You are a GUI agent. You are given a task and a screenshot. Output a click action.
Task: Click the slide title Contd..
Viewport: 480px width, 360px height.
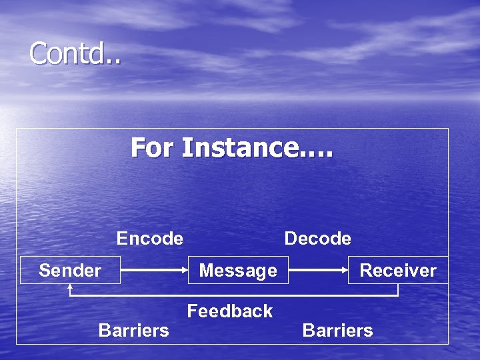[75, 54]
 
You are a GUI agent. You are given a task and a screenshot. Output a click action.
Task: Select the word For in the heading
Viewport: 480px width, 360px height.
[153, 147]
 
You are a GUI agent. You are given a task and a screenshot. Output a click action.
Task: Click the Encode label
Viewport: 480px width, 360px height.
[150, 238]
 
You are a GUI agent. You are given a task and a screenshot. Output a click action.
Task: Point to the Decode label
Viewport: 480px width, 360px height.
[317, 238]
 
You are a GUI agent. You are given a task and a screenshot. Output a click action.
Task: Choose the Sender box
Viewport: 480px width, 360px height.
[70, 270]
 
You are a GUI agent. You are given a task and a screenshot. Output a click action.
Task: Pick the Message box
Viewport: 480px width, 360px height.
[238, 270]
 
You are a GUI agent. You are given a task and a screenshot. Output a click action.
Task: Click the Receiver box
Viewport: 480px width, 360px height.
[397, 270]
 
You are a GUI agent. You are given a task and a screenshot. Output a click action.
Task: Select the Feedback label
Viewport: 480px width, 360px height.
[230, 311]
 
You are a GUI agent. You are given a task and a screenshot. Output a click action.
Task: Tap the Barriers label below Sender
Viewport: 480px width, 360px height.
[133, 330]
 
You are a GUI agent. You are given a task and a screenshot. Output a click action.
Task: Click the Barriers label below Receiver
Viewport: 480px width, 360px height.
[338, 330]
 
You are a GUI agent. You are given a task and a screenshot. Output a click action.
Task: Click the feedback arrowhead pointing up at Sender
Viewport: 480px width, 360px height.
[70, 288]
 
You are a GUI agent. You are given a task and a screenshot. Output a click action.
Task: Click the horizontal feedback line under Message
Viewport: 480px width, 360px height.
[238, 295]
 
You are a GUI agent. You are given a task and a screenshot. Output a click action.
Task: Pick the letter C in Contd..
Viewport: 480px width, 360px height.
[38, 54]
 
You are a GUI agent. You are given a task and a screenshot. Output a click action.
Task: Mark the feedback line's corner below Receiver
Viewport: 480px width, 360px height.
[398, 295]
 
